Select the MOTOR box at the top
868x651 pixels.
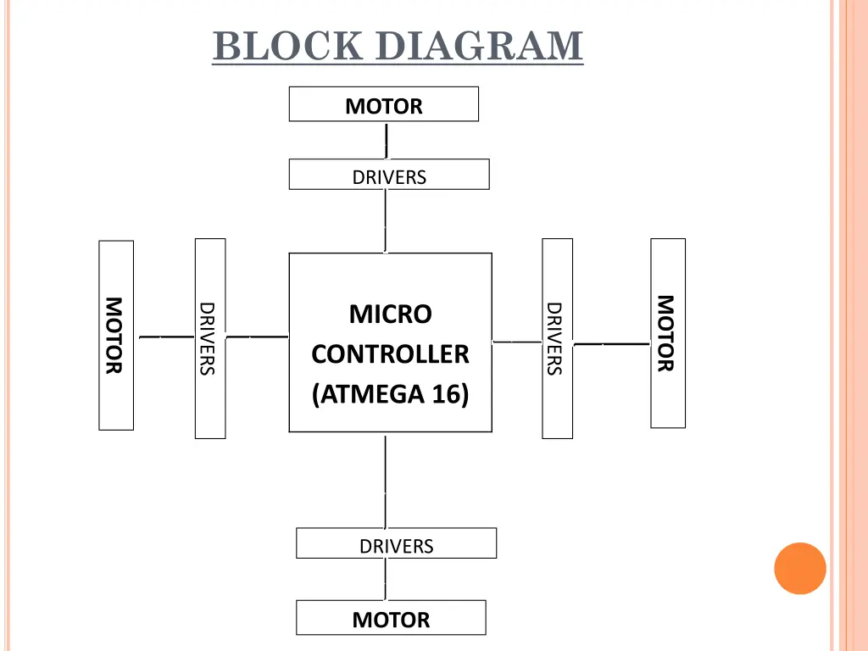384,104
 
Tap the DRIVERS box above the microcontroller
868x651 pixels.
389,175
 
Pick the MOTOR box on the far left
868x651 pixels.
116,335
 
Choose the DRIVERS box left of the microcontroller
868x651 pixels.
210,338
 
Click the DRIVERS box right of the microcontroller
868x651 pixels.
557,338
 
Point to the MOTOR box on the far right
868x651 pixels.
668,333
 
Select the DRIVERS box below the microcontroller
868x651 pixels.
396,543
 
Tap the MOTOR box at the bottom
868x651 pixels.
391,618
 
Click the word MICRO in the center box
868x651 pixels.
391,314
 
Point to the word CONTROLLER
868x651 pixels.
390,354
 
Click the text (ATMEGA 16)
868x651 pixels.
390,394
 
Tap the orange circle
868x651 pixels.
800,568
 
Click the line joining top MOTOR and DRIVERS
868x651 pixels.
387,140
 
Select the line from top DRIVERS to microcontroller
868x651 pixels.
386,220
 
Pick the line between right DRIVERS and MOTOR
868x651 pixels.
611,344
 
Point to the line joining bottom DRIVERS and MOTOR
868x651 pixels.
386,579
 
